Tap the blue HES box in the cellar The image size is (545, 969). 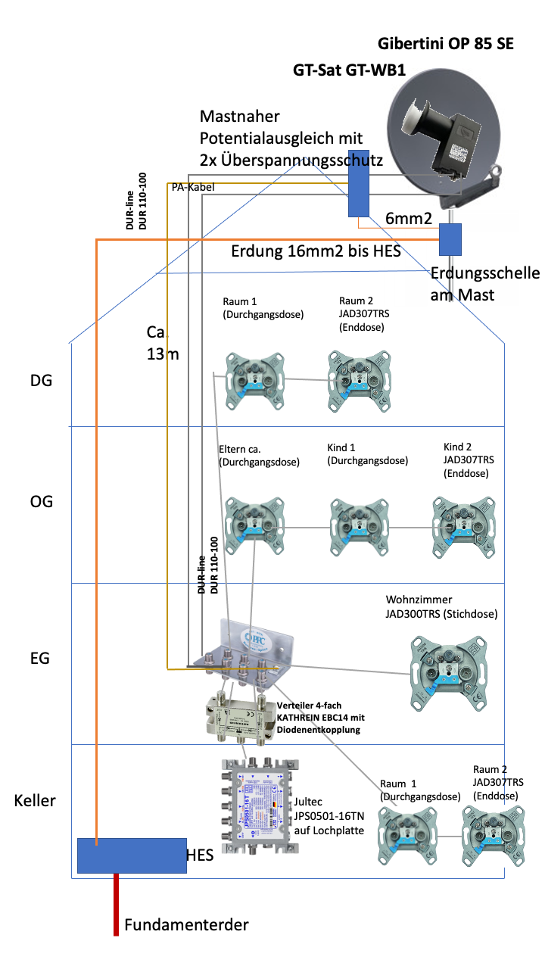coord(132,855)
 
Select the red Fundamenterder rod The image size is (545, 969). coord(116,905)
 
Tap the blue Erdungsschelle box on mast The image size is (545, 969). coord(451,239)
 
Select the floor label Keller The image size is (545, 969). coord(35,799)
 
